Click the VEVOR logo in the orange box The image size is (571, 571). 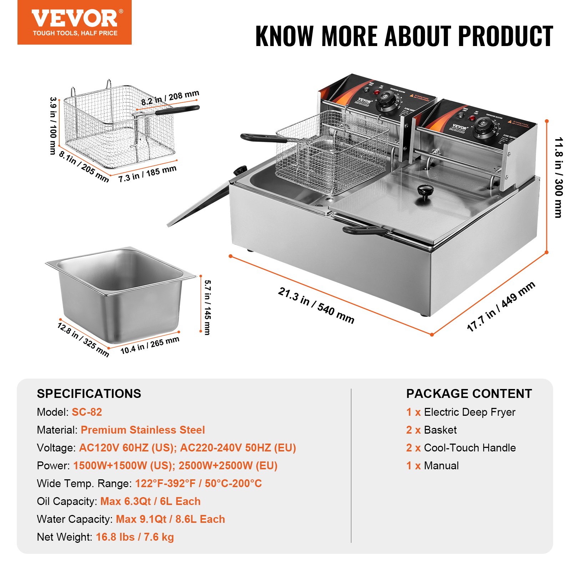pos(74,19)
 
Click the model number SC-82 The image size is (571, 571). pos(87,412)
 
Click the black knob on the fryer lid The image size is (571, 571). pos(425,191)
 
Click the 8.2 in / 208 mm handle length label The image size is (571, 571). pos(170,98)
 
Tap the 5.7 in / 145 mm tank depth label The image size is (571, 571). pos(207,307)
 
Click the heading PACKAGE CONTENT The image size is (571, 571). pos(469,394)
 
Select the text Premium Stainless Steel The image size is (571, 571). pos(143,430)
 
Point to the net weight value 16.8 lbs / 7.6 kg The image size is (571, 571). pos(135,537)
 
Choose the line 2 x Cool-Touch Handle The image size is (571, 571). pos(461,448)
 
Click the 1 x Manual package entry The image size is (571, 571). pos(433,465)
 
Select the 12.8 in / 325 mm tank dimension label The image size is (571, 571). pos(83,339)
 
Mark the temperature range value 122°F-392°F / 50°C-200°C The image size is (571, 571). pos(198,483)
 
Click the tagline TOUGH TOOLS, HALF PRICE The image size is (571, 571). pos(75,33)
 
